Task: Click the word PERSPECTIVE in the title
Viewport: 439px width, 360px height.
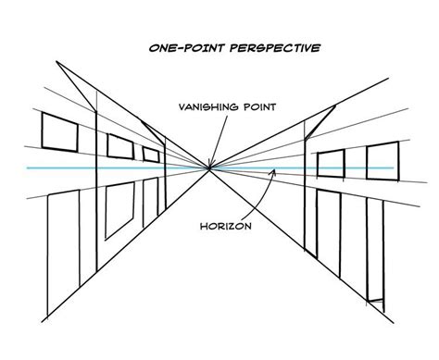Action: pos(275,48)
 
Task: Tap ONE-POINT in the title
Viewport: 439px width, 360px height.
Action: pos(187,48)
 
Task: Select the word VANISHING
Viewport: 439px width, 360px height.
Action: pos(208,107)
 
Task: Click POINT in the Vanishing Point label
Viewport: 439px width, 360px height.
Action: pos(259,107)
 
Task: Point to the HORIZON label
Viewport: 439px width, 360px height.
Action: pos(226,226)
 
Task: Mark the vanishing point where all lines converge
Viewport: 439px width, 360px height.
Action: pos(209,168)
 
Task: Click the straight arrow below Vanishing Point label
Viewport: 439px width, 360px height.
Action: pos(218,142)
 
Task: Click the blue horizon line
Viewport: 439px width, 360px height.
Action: pos(210,168)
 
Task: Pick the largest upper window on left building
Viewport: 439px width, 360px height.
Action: pos(60,132)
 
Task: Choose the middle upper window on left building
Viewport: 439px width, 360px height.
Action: pos(120,146)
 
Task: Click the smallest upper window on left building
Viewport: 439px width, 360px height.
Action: pos(151,155)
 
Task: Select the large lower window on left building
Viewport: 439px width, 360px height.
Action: pos(119,211)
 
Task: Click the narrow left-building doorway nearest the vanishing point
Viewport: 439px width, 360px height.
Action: pos(151,202)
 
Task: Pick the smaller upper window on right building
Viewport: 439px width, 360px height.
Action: pos(331,164)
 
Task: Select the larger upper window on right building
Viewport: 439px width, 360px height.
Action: pos(383,161)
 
